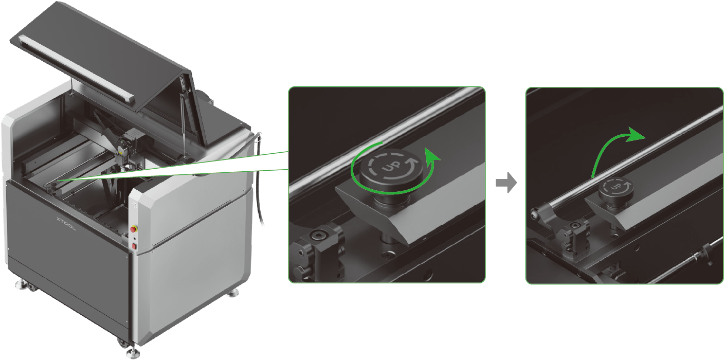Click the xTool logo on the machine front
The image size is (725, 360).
click(66, 223)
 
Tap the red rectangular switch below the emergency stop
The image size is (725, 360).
click(134, 247)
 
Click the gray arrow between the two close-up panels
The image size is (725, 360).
click(506, 183)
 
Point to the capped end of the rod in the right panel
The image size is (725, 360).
click(534, 214)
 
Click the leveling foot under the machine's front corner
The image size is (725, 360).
click(132, 352)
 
